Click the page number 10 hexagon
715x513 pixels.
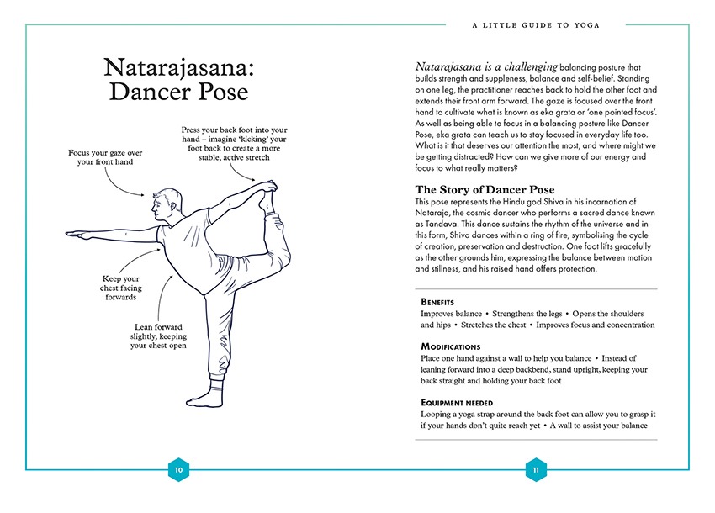click(x=177, y=470)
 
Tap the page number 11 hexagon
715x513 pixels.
click(x=536, y=470)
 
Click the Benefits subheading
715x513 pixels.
click(x=437, y=302)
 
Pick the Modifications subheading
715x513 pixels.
click(x=450, y=346)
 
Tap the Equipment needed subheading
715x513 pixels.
click(x=457, y=403)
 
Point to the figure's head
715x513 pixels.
click(x=166, y=203)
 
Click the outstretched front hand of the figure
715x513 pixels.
click(x=77, y=235)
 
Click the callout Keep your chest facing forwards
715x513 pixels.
click(x=120, y=288)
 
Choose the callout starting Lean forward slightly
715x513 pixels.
click(x=159, y=336)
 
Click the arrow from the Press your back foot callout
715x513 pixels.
click(x=248, y=174)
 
